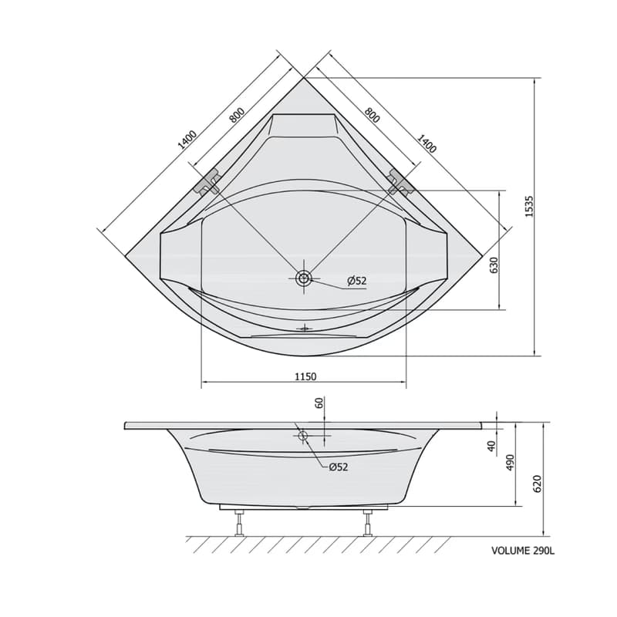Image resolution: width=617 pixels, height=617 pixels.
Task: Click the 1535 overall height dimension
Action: (529, 206)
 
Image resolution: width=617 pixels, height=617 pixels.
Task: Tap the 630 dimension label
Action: (494, 265)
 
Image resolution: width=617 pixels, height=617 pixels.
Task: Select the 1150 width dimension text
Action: (305, 376)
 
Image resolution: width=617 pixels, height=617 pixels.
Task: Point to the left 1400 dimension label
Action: (187, 140)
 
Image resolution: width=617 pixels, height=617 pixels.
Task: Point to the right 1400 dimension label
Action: (427, 143)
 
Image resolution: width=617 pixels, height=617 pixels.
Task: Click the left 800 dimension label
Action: (238, 115)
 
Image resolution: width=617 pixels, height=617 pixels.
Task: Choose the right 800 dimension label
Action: (372, 115)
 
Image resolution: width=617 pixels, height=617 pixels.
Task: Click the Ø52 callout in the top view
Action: (356, 281)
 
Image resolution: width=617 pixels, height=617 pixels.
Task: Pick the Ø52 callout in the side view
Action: (339, 467)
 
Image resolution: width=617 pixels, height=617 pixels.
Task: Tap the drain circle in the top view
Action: (304, 278)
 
